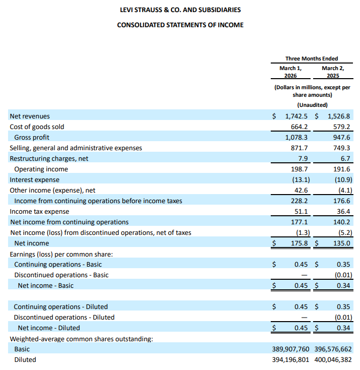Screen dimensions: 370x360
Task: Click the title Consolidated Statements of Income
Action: pos(180,25)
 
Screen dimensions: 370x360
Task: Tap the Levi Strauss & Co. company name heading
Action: pos(180,10)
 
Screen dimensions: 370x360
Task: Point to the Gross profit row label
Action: pos(32,137)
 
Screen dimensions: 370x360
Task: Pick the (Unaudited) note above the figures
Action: pos(312,105)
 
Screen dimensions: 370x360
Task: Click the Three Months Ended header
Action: pos(312,58)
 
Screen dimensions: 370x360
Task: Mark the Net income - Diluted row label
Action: pos(48,328)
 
